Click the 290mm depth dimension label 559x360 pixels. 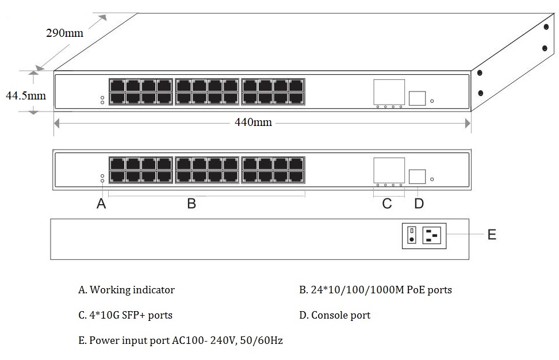pos(64,33)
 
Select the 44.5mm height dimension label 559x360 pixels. pos(25,95)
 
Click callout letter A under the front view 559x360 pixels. pos(101,204)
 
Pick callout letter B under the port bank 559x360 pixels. pos(192,204)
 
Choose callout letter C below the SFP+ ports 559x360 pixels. pos(387,204)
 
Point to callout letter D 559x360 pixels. pos(419,204)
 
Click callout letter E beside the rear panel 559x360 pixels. pos(492,235)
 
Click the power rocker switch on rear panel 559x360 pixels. pos(412,235)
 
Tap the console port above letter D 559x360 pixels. pos(417,177)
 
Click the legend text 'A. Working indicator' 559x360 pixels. pos(126,290)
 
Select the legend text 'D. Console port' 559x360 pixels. pos(335,315)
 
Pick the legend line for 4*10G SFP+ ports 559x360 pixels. pos(125,315)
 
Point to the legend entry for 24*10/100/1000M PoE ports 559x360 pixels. pos(375,290)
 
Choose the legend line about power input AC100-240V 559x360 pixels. pos(180,340)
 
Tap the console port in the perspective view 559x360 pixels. pos(417,98)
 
